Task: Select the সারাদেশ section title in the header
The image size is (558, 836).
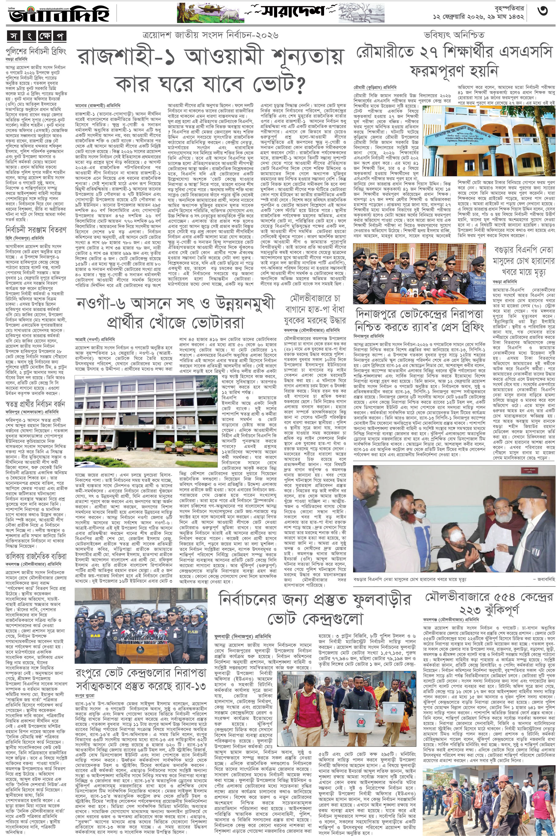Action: click(292, 11)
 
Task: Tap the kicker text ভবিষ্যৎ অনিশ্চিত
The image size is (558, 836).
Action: click(454, 35)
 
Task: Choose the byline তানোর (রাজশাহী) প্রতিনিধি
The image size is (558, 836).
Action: click(97, 106)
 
